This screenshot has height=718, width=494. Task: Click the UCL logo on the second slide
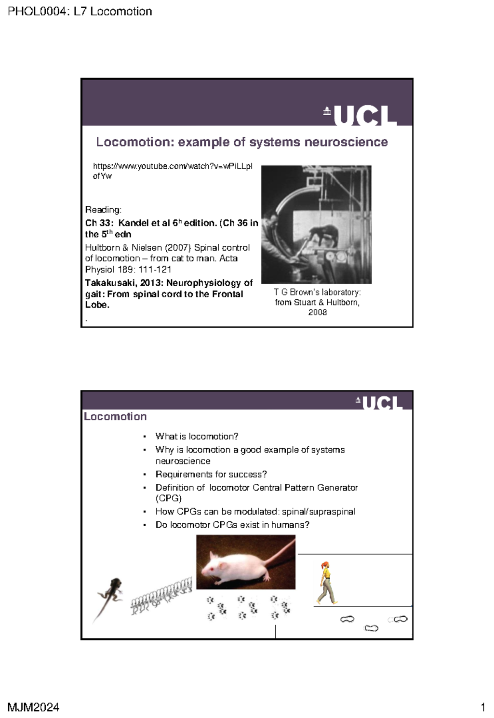379,403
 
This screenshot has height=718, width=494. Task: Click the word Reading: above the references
103,210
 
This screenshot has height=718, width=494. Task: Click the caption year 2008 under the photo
317,312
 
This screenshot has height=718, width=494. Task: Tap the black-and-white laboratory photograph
316,224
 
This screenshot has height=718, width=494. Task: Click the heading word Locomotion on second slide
115,417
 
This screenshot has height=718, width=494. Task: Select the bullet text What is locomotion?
197,436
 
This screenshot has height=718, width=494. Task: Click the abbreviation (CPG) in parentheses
168,499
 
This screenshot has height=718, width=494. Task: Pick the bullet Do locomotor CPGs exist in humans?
232,525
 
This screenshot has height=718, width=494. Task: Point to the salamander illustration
110,593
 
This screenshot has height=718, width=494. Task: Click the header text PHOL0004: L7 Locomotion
80,12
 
